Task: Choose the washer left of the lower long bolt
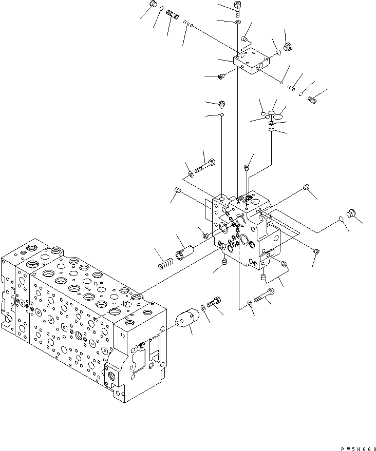[249, 304]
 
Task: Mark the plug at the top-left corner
[152, 5]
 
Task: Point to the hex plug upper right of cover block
[288, 47]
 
